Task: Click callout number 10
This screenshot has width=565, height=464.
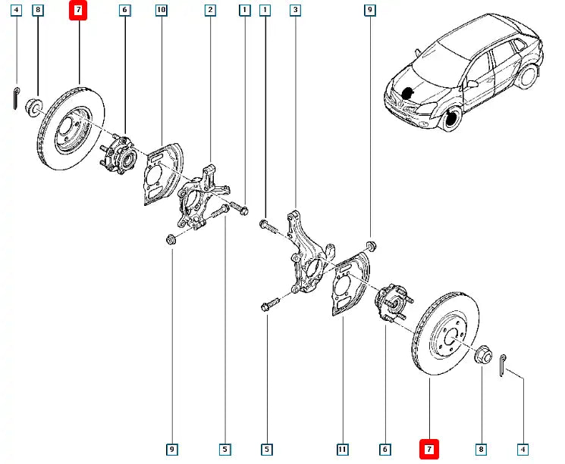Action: [x=160, y=11]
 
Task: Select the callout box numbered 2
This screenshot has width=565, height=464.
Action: [x=209, y=11]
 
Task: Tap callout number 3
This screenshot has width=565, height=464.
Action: [x=294, y=11]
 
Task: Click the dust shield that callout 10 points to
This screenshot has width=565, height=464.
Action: [x=161, y=176]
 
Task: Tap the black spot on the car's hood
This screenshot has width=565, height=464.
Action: [x=410, y=93]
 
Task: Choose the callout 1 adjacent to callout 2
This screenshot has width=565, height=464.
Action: [x=243, y=11]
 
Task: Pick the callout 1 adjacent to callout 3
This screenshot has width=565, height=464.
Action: [x=264, y=11]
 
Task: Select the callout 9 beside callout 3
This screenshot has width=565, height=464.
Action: [x=369, y=11]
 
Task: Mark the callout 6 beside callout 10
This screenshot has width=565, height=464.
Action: [x=124, y=11]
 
